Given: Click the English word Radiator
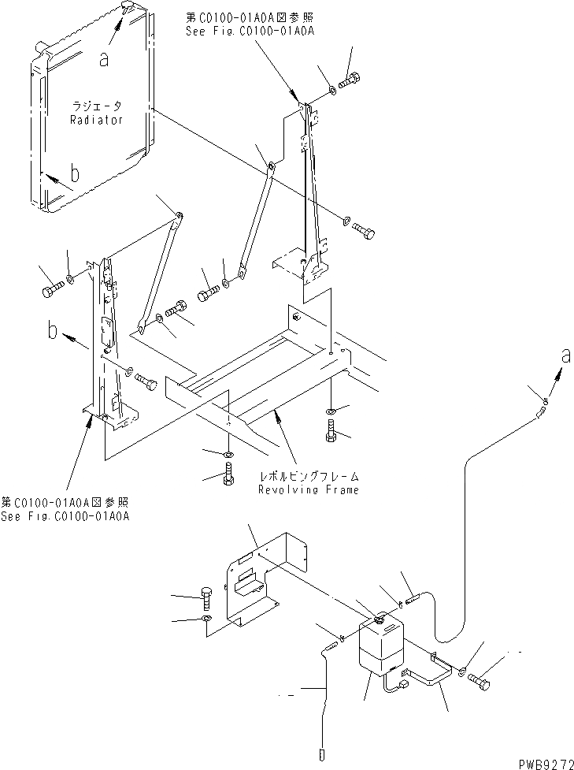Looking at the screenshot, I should (x=96, y=120).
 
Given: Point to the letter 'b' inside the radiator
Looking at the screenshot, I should (x=74, y=175).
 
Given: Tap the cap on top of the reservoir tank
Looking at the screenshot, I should (x=379, y=621).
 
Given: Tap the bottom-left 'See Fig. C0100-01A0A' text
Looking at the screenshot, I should (x=66, y=516).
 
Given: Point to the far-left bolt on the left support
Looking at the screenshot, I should (x=49, y=290).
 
